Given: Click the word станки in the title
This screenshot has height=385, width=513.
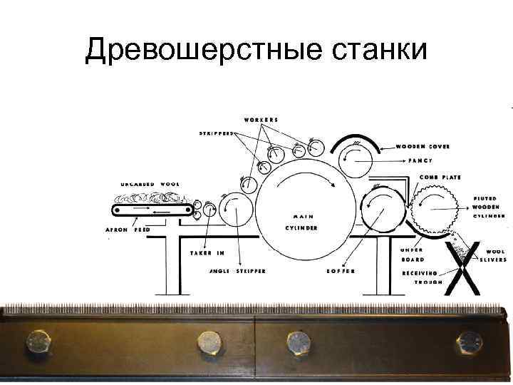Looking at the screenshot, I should click(378, 50).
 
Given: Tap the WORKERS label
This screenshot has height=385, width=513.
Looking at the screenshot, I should click(261, 119).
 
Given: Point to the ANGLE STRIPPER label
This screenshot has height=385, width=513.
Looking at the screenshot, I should click(238, 272).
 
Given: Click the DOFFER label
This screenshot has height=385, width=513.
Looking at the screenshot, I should click(341, 272).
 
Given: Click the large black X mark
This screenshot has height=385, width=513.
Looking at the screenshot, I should click(461, 267).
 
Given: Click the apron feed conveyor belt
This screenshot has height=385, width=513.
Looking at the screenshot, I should click(153, 210).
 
